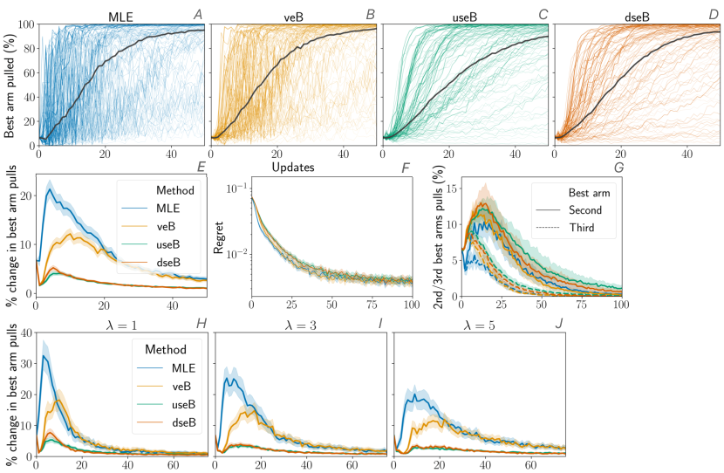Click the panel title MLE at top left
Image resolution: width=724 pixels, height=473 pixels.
(x=120, y=15)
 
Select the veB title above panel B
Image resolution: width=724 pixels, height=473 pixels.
(x=290, y=15)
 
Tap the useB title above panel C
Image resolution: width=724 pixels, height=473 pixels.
(x=462, y=15)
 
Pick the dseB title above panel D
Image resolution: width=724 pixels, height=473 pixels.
(x=636, y=15)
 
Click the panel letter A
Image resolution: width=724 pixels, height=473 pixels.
(x=197, y=13)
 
